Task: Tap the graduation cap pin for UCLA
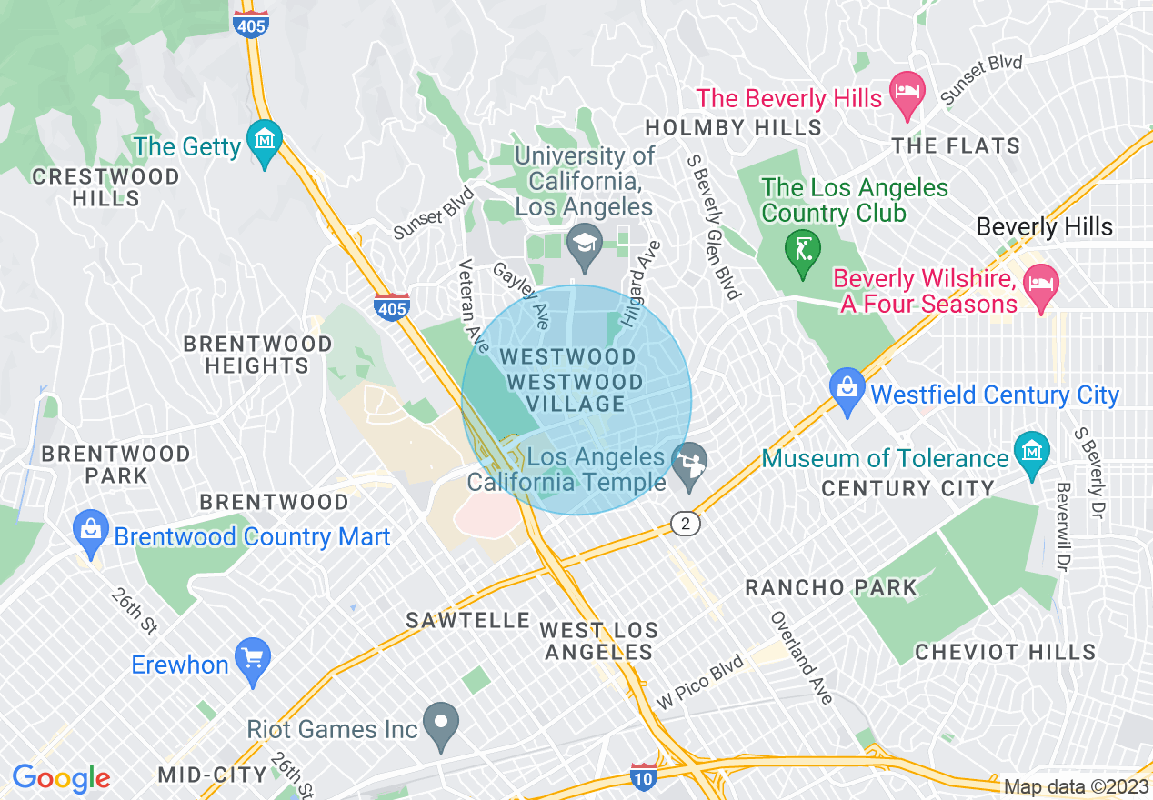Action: tap(583, 244)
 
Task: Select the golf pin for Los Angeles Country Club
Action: tap(802, 247)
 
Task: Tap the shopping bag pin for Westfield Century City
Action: tap(847, 389)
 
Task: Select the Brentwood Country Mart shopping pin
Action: tap(91, 532)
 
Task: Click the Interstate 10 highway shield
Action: tap(643, 775)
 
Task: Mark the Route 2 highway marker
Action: tap(686, 525)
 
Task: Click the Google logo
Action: tap(61, 778)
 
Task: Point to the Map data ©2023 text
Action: tap(1076, 786)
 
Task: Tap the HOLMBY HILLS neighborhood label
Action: tap(733, 127)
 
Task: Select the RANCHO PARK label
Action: tap(831, 587)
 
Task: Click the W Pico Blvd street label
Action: tap(701, 683)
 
